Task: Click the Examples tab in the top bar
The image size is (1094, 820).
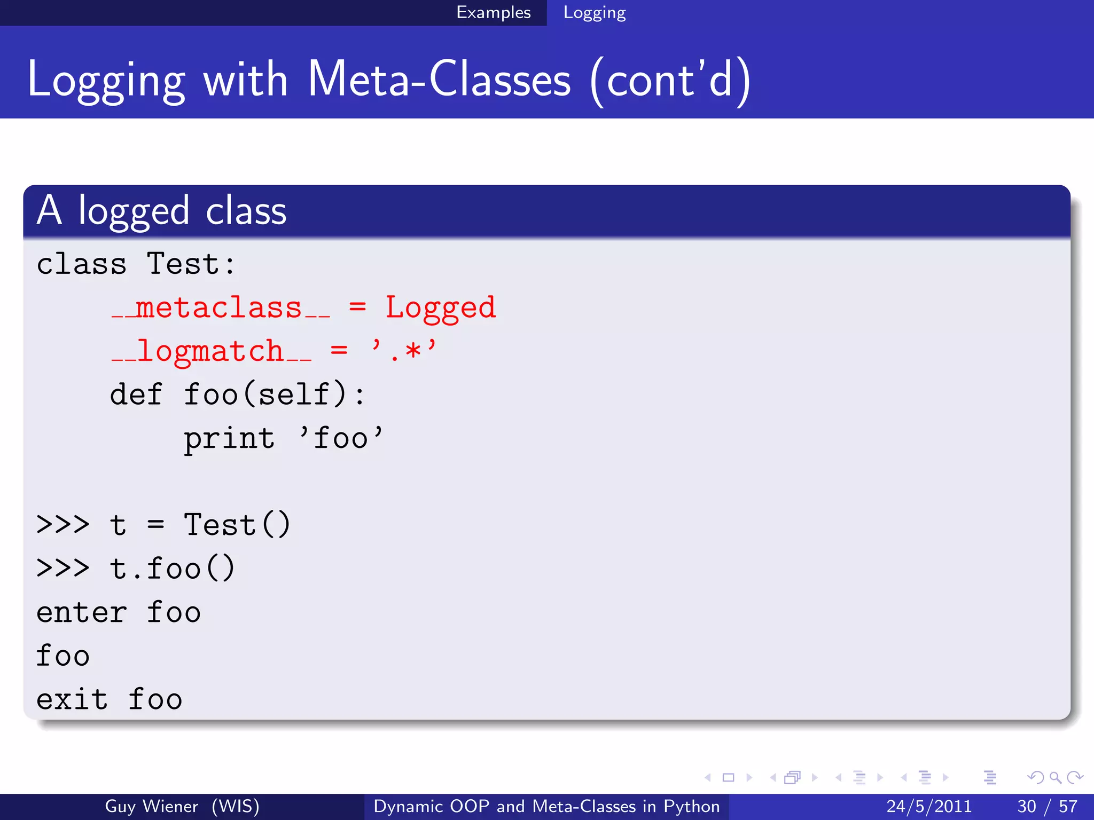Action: point(493,12)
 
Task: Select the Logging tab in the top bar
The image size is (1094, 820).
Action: point(594,13)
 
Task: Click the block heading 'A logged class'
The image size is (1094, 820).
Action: point(161,211)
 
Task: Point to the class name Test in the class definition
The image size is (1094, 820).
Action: point(183,264)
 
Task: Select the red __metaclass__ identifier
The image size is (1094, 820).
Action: point(221,308)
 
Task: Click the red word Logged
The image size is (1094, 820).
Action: point(441,308)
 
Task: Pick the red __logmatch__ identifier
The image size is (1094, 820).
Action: point(212,352)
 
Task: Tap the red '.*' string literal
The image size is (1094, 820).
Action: point(404,351)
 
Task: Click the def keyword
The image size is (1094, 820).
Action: point(136,395)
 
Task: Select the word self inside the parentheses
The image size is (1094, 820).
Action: point(294,395)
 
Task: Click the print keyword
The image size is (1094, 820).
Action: point(229,439)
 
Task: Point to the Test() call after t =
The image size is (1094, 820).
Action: point(237,525)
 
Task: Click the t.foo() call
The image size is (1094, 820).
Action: point(172,569)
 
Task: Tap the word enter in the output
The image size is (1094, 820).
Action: point(81,612)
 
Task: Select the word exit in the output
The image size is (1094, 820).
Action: point(72,699)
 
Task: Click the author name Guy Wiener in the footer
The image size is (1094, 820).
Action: point(151,806)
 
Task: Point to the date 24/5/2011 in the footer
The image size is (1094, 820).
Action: point(929,806)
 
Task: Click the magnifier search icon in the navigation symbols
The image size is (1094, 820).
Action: point(1055,777)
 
